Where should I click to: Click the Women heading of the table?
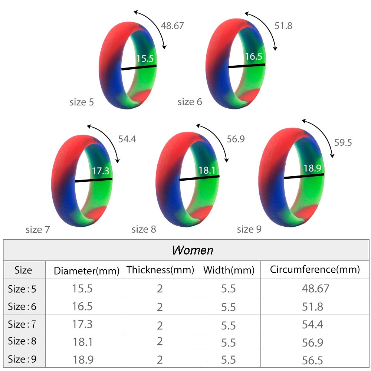pyautogui.click(x=193, y=250)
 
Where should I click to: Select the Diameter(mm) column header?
pyautogui.click(x=86, y=271)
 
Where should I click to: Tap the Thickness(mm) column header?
pyautogui.click(x=160, y=270)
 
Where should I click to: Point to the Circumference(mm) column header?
pyautogui.click(x=315, y=270)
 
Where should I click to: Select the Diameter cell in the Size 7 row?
pyautogui.click(x=82, y=324)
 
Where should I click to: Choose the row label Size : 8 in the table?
pyautogui.click(x=22, y=342)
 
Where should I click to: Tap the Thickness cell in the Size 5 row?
pyautogui.click(x=160, y=289)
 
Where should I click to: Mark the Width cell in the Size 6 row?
pyautogui.click(x=228, y=307)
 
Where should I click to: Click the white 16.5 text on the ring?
pyautogui.click(x=253, y=56)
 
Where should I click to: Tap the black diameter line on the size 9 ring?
pyautogui.click(x=304, y=176)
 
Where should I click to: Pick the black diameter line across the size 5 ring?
pyautogui.click(x=139, y=68)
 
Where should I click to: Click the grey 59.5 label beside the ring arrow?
pyautogui.click(x=343, y=143)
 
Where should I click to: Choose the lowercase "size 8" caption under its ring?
pyautogui.click(x=144, y=230)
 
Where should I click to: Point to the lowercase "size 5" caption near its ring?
pyautogui.click(x=82, y=102)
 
